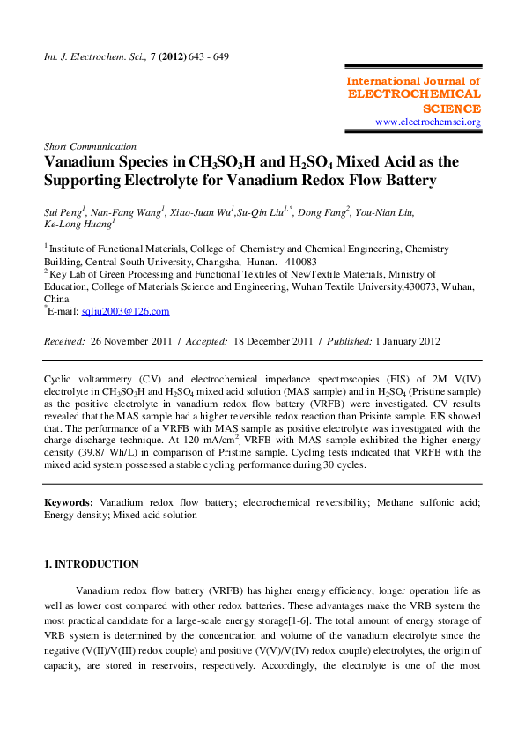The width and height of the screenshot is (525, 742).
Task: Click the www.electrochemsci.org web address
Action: click(428, 122)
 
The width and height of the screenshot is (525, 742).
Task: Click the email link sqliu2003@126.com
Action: click(125, 311)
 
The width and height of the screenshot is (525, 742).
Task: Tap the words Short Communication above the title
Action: click(90, 146)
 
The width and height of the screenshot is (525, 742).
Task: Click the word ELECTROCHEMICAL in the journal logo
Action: click(415, 93)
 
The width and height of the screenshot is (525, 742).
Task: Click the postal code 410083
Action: click(302, 262)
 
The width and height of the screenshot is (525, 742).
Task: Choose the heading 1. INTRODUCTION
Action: click(92, 564)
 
